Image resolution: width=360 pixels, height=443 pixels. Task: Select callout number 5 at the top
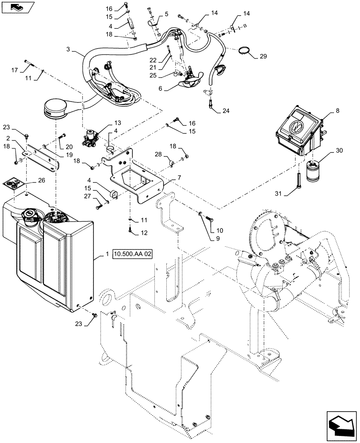[x=167, y=14]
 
